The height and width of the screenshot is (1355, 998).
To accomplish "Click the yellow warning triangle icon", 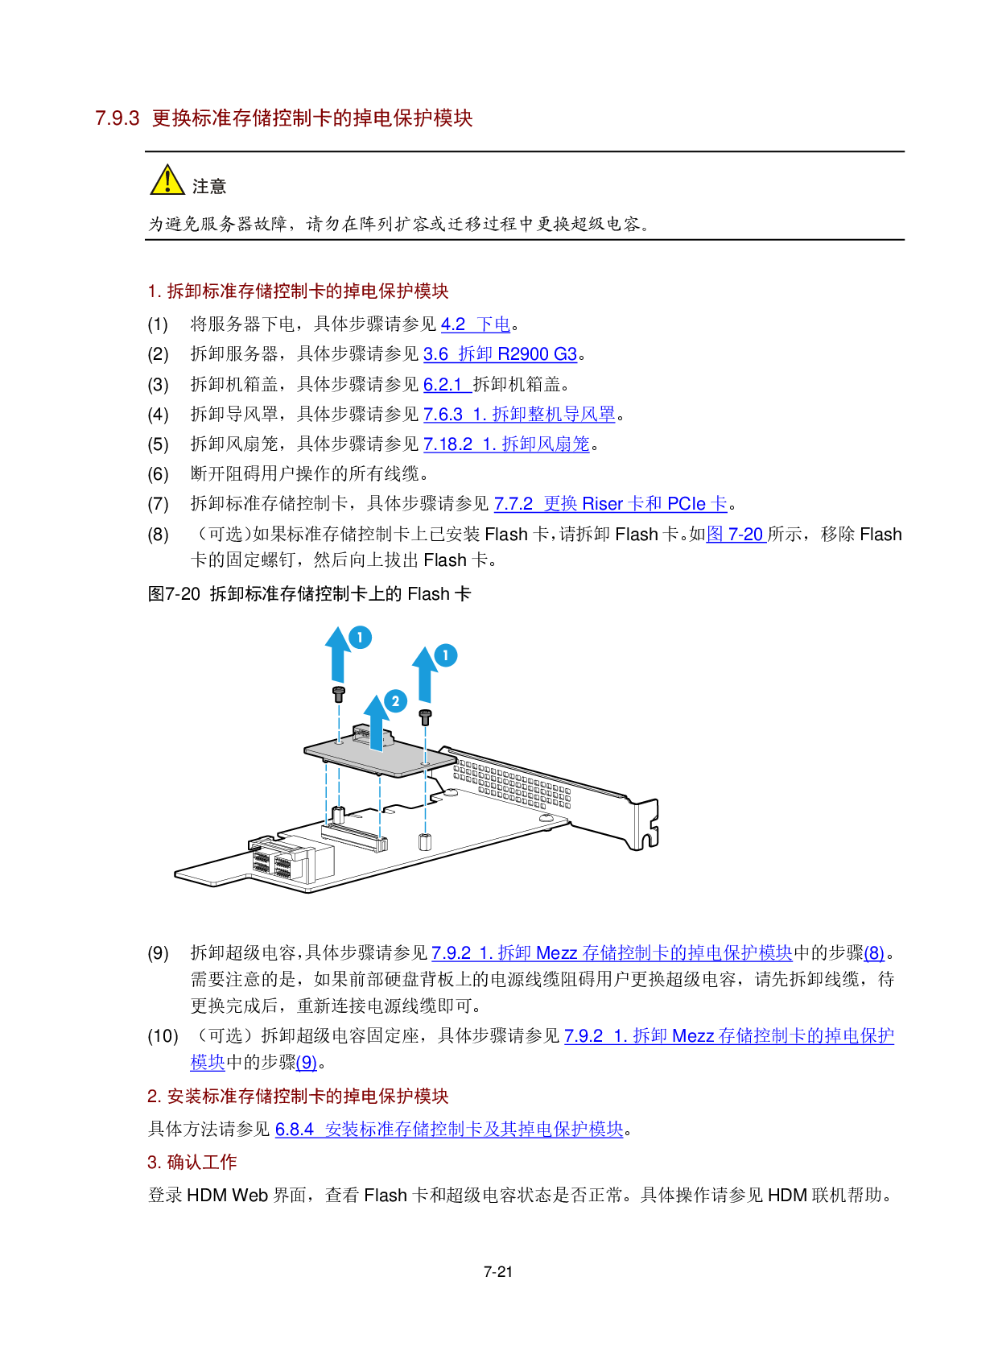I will (167, 180).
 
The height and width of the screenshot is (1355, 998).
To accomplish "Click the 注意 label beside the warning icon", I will (209, 187).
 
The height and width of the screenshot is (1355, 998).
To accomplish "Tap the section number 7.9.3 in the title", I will (118, 118).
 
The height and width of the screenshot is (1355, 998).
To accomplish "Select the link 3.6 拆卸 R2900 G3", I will (500, 354).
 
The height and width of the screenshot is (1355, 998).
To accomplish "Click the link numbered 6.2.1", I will (447, 385).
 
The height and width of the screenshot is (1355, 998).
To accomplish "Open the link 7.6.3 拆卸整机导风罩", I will (519, 415).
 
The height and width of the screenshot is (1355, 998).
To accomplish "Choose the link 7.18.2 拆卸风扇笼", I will (506, 444).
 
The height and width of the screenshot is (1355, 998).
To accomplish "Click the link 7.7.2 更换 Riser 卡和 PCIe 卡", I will (610, 504).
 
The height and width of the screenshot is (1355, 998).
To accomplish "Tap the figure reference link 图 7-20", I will (736, 535).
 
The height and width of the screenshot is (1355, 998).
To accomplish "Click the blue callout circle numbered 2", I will (395, 701).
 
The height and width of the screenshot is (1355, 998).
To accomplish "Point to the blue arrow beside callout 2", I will (376, 721).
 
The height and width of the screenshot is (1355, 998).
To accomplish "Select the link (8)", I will (874, 954).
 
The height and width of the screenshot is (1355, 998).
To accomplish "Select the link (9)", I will (306, 1064).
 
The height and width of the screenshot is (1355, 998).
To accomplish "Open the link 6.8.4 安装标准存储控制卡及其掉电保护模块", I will (449, 1130).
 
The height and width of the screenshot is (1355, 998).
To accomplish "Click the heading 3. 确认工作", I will (192, 1163).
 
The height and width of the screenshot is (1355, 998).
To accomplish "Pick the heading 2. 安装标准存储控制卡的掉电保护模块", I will (298, 1097).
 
